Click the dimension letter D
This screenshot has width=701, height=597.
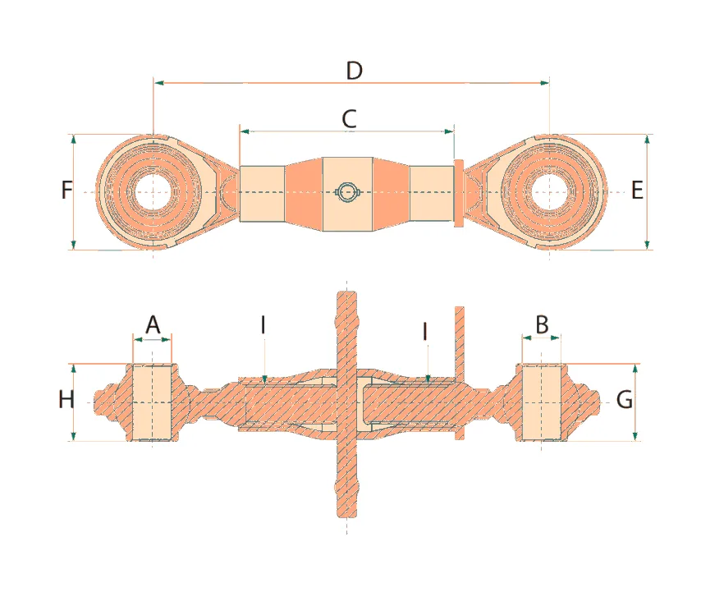tap(354, 71)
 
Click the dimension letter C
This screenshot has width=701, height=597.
tap(349, 118)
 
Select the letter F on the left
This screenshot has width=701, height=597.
tap(67, 191)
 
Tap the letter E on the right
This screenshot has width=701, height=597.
tap(637, 191)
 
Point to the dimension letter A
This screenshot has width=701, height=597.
tap(153, 325)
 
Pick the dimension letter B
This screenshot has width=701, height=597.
tap(542, 324)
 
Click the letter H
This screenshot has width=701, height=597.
tap(66, 401)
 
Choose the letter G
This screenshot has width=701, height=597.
tap(625, 401)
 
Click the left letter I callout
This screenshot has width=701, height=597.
tap(263, 325)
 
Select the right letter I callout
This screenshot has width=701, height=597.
tap(425, 331)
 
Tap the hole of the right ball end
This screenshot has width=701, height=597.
tap(549, 191)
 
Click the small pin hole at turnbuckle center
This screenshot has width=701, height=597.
tap(348, 192)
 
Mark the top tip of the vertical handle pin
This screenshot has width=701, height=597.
tap(347, 292)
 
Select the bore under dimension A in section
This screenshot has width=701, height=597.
tap(153, 402)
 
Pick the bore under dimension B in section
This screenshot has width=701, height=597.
tap(542, 402)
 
